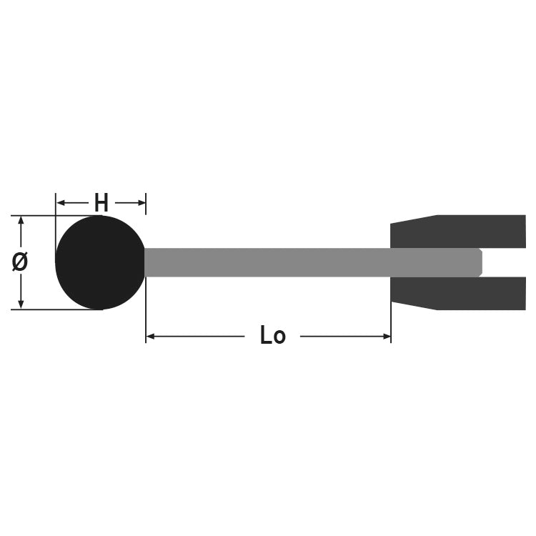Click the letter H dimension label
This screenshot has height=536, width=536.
tap(101, 203)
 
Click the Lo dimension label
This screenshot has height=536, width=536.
tap(272, 335)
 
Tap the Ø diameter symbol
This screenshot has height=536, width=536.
tap(19, 262)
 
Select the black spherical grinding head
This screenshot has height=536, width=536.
tap(100, 262)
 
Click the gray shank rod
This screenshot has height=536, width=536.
tap(313, 262)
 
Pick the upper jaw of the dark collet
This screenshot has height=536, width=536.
tap(458, 232)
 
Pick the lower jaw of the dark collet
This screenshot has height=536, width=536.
tap(458, 293)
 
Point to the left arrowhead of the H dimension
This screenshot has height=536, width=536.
tap(61, 203)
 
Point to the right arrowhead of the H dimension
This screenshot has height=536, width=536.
tap(142, 203)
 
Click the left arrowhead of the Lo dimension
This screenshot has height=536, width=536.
tap(150, 337)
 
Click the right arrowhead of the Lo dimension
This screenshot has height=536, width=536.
tap(386, 337)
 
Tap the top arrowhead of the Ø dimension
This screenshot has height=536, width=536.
tap(21, 221)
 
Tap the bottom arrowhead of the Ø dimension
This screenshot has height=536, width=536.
tap(21, 304)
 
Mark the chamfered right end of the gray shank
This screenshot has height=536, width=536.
tap(480, 262)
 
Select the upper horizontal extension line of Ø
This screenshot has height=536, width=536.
tap(56, 216)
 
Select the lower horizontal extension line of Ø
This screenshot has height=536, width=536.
tap(56, 309)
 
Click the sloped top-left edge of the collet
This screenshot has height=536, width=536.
tap(415, 219)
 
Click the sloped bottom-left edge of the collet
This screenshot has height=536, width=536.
tap(415, 306)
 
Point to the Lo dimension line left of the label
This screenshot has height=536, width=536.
tap(195, 337)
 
